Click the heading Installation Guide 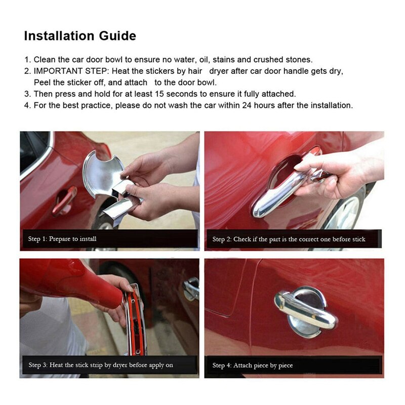click(x=80, y=36)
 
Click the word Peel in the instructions click(x=43, y=82)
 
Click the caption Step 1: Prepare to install click(x=62, y=238)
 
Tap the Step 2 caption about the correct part click(x=289, y=239)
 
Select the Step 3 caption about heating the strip click(x=101, y=364)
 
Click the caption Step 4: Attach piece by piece click(x=253, y=365)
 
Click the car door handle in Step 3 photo click(x=191, y=289)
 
